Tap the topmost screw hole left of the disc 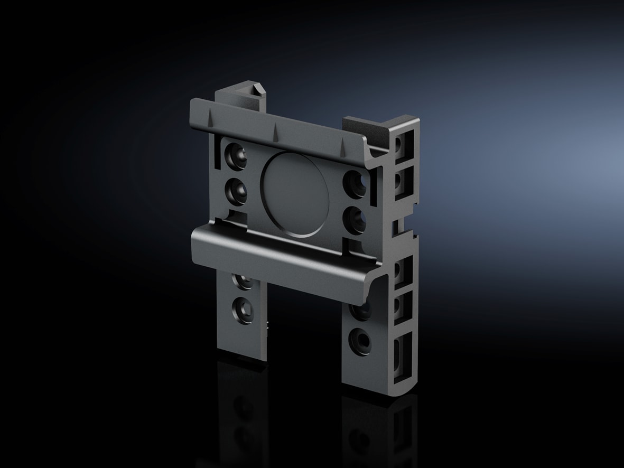click(236, 156)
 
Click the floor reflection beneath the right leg click(370, 428)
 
